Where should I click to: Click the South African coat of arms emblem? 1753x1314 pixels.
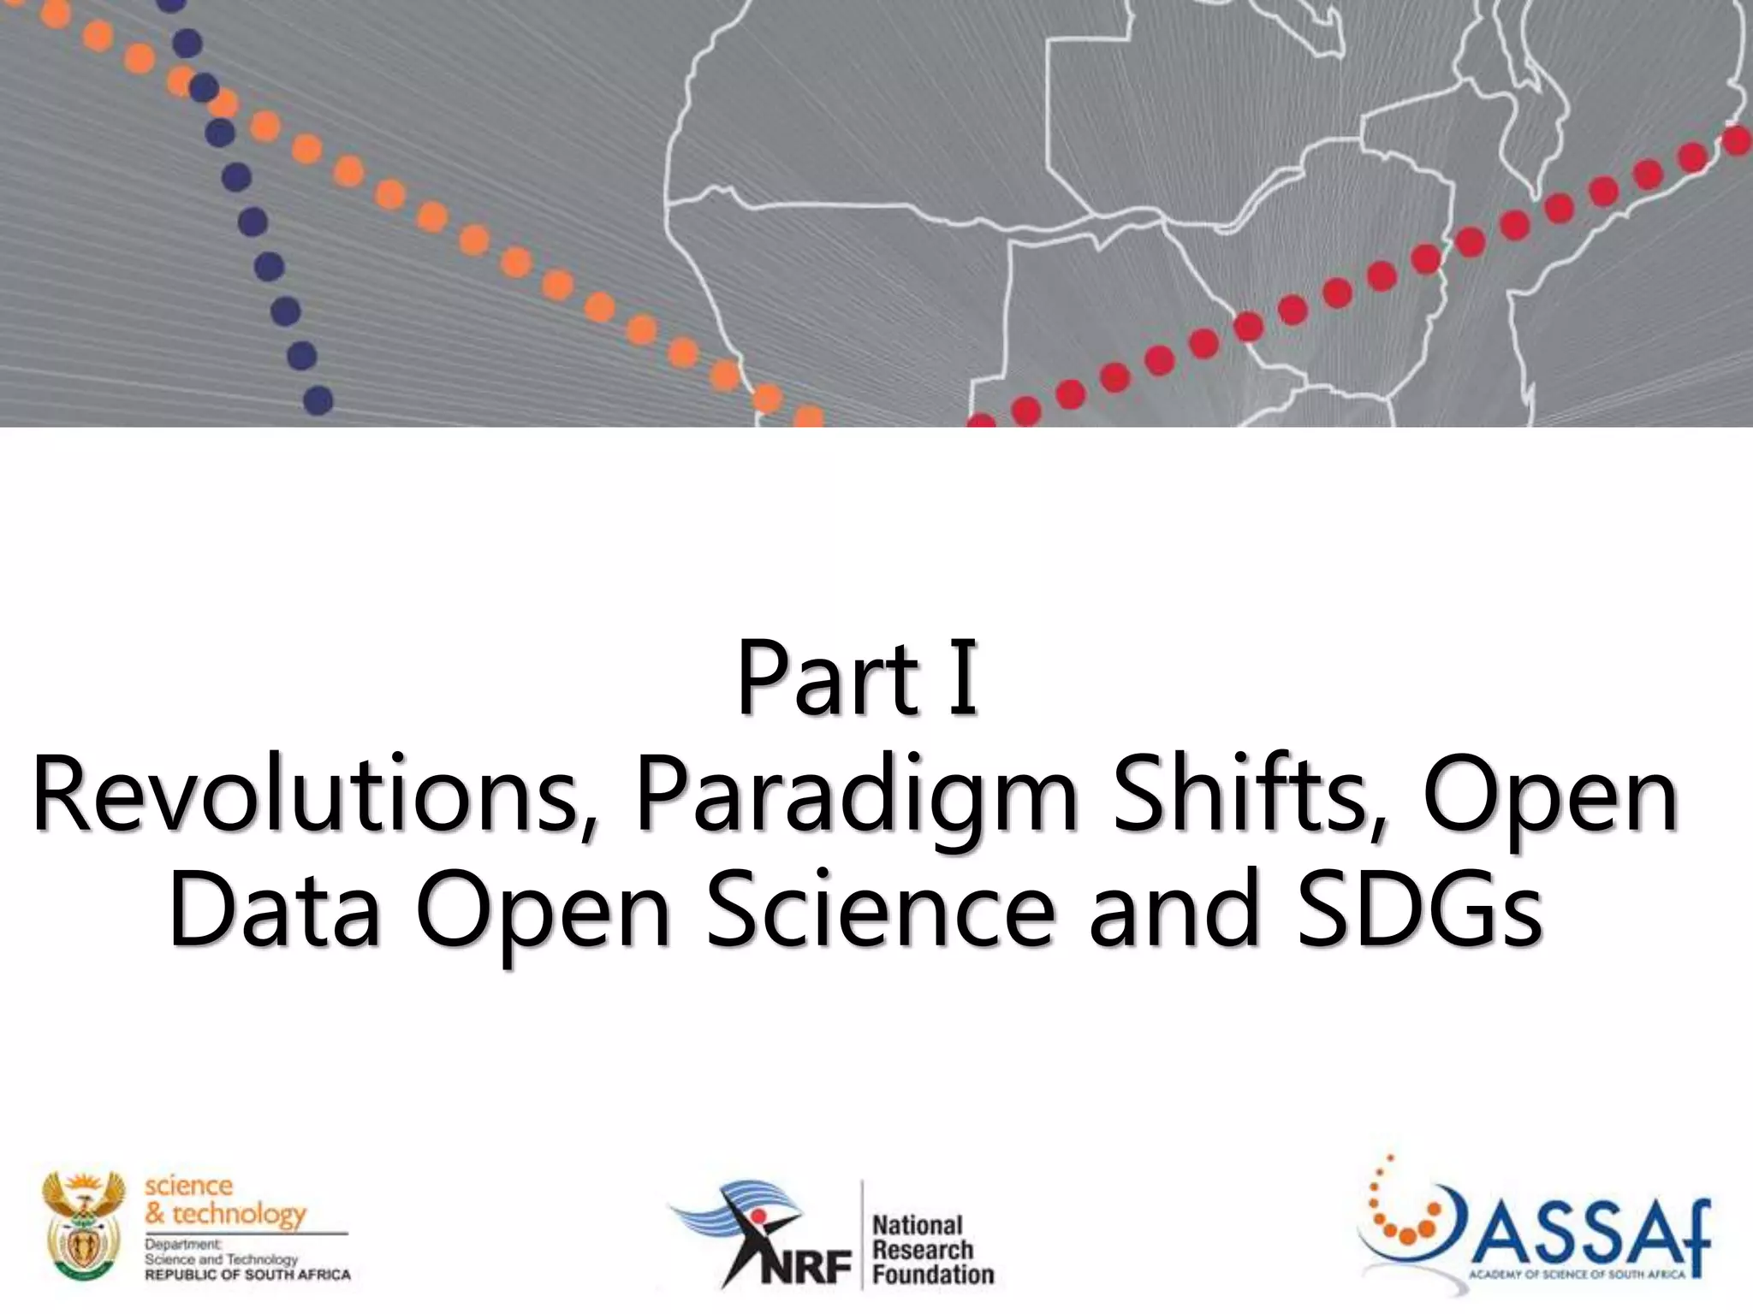[x=84, y=1225]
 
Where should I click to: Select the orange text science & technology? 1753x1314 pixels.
[x=224, y=1199]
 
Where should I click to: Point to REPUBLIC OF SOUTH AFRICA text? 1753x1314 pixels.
[x=247, y=1275]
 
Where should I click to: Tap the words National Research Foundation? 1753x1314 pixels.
[x=931, y=1250]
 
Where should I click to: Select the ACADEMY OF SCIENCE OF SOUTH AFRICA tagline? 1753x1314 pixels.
[x=1577, y=1275]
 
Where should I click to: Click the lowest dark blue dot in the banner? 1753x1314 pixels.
[x=318, y=400]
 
